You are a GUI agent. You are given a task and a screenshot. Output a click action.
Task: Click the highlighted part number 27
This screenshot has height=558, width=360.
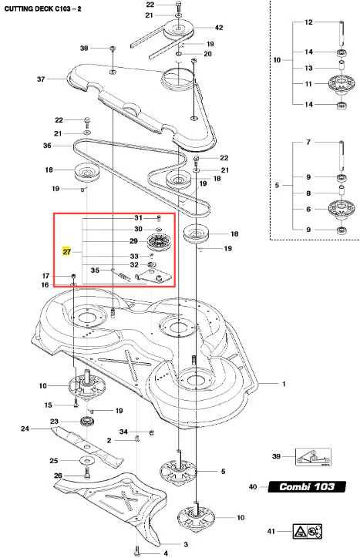[x=66, y=251]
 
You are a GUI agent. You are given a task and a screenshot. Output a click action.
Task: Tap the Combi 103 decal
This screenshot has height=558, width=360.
[x=307, y=486]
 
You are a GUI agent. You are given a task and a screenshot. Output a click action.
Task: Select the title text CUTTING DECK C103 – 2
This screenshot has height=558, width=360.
[x=42, y=8]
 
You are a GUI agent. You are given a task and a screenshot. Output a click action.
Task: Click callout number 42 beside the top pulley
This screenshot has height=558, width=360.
[x=219, y=28]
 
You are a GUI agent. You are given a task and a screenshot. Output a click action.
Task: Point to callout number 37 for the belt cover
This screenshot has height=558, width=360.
[x=41, y=79]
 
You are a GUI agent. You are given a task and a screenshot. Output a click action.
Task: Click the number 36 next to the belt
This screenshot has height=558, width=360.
[x=47, y=145]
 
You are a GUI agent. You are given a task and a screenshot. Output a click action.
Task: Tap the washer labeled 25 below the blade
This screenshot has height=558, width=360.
[x=85, y=460]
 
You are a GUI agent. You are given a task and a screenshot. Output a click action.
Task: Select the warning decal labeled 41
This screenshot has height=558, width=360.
[x=308, y=531]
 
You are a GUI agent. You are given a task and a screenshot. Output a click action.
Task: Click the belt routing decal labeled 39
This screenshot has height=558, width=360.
[x=313, y=457]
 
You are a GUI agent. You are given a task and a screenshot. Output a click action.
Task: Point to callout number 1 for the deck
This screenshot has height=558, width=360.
[x=284, y=384]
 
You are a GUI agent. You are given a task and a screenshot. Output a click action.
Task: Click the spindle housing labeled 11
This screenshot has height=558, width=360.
[x=341, y=84]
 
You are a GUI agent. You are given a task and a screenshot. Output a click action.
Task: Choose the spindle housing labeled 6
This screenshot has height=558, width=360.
[x=341, y=209]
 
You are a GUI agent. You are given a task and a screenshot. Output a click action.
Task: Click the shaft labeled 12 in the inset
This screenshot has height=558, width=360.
[x=341, y=32]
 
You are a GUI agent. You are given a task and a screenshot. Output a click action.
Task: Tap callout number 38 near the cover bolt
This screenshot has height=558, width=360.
[x=84, y=48]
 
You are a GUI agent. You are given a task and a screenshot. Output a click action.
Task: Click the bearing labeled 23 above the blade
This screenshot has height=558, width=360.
[x=86, y=422]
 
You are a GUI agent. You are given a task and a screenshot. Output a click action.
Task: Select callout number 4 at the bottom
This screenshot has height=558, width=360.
[x=166, y=553]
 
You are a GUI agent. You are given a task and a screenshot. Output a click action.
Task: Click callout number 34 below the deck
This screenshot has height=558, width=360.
[x=123, y=432]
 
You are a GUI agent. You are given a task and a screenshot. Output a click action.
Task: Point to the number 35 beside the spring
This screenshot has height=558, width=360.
[x=95, y=270]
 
